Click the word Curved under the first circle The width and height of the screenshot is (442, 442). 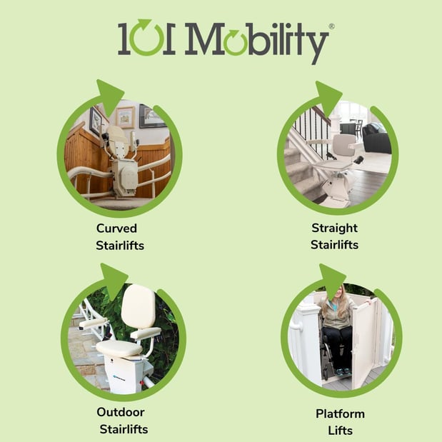click(116, 228)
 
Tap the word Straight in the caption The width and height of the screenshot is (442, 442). click(334, 228)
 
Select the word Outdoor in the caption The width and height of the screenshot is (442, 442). click(121, 412)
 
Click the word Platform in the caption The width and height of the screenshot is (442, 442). click(340, 414)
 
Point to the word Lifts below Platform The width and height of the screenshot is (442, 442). click(340, 431)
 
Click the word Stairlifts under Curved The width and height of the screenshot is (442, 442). click(120, 245)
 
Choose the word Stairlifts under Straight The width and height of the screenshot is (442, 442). click(334, 245)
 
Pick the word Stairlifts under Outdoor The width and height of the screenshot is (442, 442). click(124, 429)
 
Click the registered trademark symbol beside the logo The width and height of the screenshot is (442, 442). click(331, 26)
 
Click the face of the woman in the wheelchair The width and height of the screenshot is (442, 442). click(338, 293)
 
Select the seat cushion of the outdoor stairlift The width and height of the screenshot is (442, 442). click(119, 348)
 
